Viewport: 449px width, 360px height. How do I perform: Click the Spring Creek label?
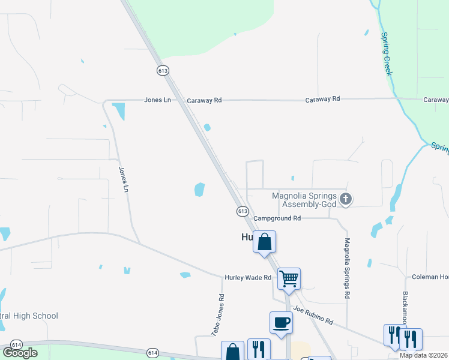coord(387,54)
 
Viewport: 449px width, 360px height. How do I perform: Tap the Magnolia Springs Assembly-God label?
coord(304,199)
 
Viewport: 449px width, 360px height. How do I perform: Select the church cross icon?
coord(345,199)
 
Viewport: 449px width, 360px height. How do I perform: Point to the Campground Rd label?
coord(277,219)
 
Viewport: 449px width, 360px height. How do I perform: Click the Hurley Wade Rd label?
coord(249,277)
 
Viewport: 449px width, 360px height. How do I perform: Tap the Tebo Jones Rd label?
coord(217,314)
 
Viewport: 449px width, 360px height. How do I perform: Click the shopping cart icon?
coord(289,278)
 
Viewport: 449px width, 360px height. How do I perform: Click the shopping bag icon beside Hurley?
coord(264,242)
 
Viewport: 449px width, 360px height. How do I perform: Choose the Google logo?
coord(20,353)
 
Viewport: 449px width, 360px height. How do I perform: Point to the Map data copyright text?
coord(424,355)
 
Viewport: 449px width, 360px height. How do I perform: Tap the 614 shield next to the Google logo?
coord(16,344)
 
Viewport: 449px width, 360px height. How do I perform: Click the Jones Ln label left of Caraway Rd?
coord(157,100)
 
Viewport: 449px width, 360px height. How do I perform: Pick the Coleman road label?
coord(430,277)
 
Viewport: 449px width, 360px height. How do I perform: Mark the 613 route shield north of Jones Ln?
coord(163,70)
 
